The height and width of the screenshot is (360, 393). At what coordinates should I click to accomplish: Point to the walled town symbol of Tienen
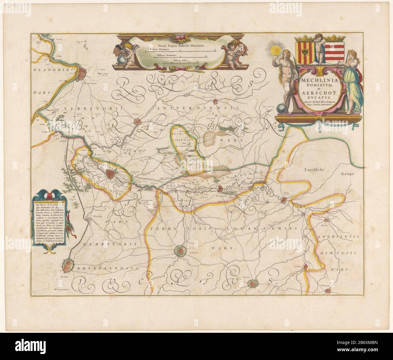click(253, 283)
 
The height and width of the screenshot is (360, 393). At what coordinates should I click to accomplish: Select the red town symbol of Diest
click(284, 200)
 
